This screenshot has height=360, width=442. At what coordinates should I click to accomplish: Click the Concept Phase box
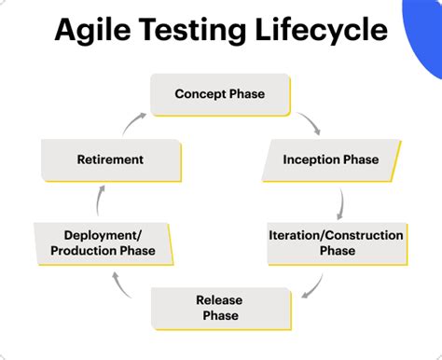point(219,94)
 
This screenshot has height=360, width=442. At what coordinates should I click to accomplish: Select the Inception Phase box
point(331,159)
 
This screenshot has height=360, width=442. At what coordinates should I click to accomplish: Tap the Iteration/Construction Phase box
point(336,242)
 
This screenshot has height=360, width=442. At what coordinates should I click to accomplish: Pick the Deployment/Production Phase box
point(103,242)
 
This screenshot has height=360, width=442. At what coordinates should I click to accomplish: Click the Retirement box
point(109,159)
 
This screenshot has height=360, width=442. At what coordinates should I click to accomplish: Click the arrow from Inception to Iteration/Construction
point(342,201)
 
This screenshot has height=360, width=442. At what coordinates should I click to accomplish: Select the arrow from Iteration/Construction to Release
point(313,284)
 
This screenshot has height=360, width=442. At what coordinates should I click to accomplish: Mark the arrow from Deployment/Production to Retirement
point(100,201)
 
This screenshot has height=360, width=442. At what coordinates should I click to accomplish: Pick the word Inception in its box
point(311,159)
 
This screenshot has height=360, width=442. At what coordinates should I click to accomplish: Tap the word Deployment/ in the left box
point(103,235)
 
